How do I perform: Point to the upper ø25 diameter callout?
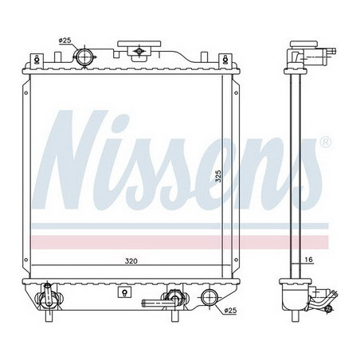point(65,41)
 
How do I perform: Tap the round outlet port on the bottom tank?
point(209,299)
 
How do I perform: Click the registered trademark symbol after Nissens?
point(324,143)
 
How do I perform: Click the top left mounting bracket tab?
point(38,60)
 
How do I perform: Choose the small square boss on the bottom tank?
point(123,293)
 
